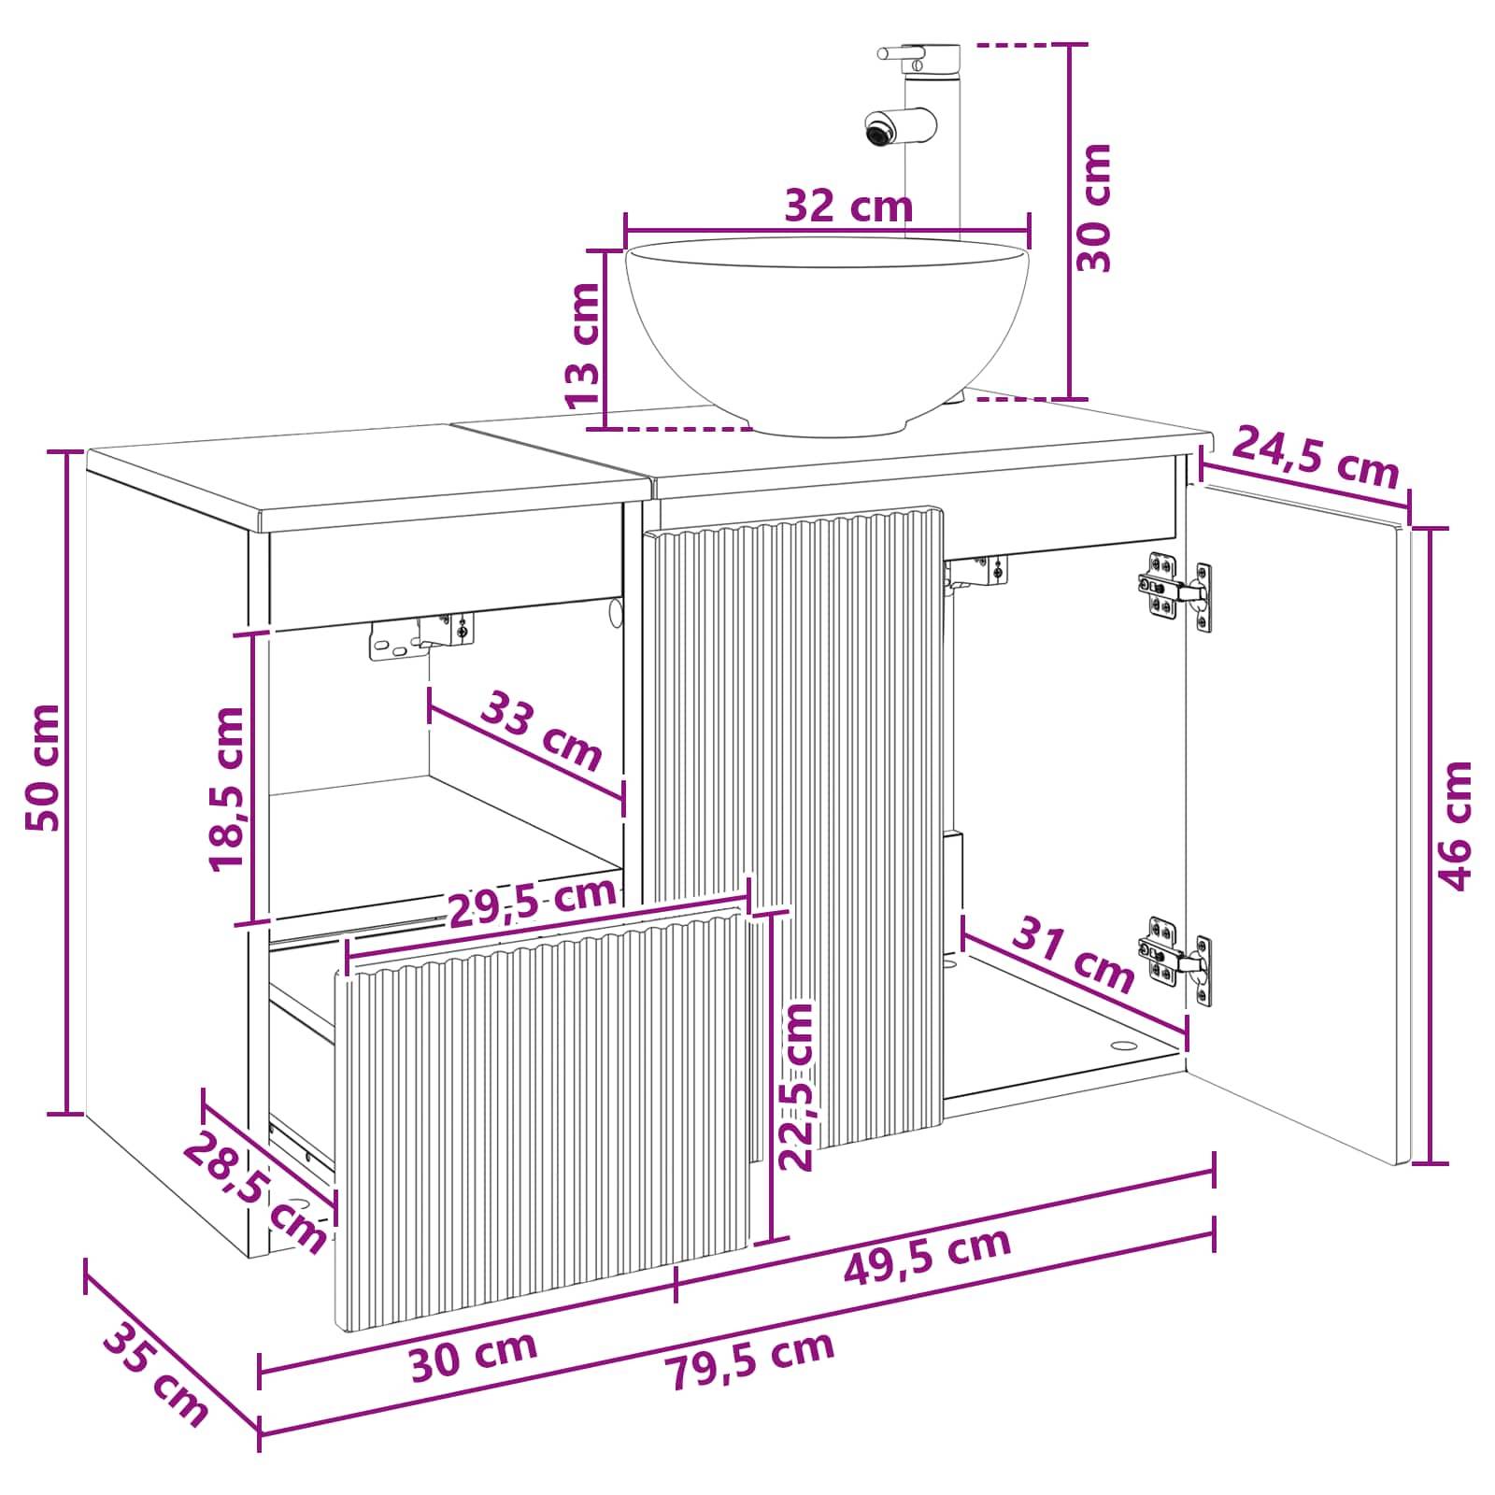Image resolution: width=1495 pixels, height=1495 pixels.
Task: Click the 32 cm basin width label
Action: pyautogui.click(x=847, y=206)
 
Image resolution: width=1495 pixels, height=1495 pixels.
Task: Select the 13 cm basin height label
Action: pyautogui.click(x=584, y=345)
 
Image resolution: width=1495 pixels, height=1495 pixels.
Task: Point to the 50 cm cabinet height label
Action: pyautogui.click(x=43, y=768)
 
